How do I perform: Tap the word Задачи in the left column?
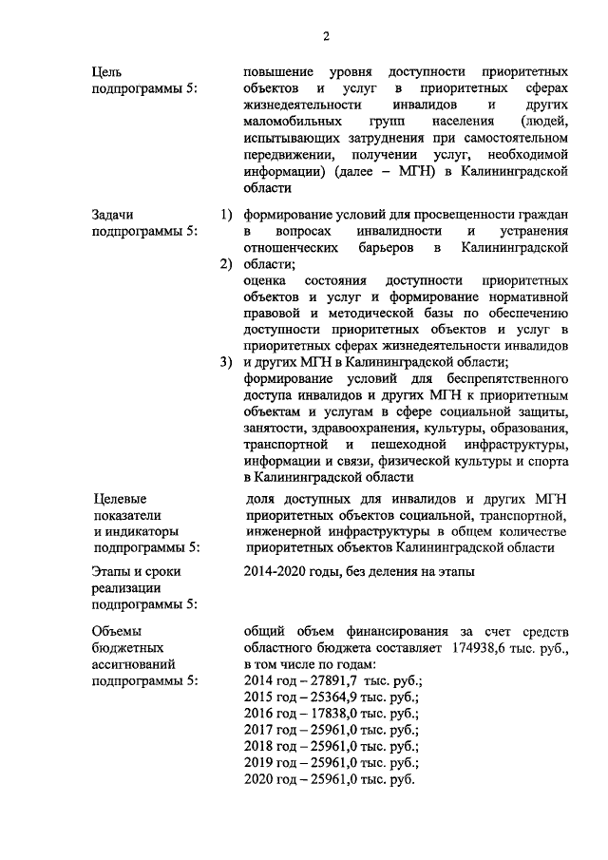(x=113, y=216)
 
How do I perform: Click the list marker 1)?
(x=226, y=216)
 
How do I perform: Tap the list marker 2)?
(x=226, y=264)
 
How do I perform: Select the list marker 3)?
(x=226, y=362)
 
